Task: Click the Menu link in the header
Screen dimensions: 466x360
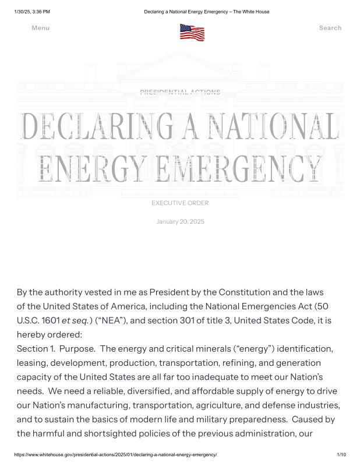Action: [40, 28]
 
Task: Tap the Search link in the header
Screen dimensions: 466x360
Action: [330, 28]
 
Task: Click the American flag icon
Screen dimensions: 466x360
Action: [192, 32]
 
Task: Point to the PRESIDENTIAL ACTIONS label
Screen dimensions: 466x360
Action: [180, 92]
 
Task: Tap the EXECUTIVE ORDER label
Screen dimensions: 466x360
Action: [180, 203]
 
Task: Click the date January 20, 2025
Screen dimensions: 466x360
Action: [180, 221]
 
